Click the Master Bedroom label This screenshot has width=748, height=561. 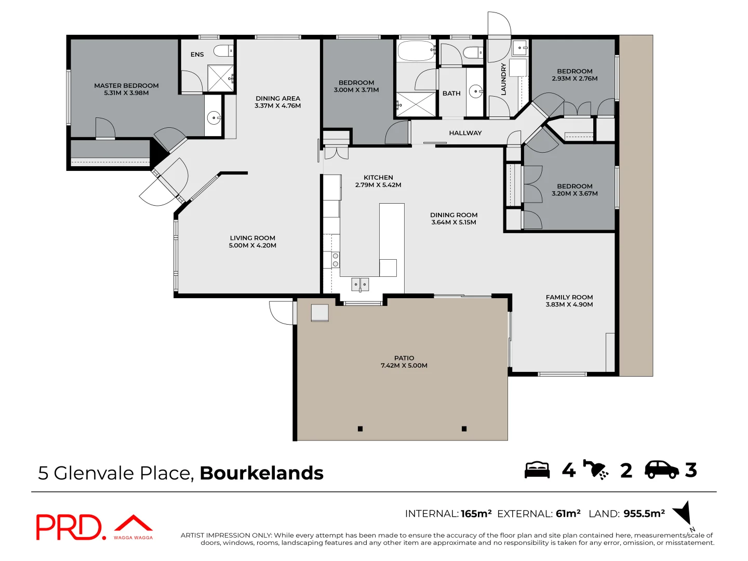126,86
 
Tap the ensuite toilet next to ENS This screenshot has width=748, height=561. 223,51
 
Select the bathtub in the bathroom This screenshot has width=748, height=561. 416,51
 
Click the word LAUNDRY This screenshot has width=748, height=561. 503,79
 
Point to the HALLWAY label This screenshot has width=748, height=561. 465,133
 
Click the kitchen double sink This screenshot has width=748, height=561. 360,284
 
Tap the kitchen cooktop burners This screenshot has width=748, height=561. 336,260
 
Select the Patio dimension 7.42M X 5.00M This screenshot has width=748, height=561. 404,366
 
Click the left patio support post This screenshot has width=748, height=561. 360,429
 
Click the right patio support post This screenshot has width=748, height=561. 464,429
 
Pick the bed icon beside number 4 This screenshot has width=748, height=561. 537,470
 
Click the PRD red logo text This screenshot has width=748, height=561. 70,527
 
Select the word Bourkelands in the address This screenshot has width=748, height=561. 261,473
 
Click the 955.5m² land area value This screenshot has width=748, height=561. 644,514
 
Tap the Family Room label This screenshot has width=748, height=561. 569,298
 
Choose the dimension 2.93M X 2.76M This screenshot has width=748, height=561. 575,79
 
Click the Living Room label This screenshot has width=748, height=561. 252,238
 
